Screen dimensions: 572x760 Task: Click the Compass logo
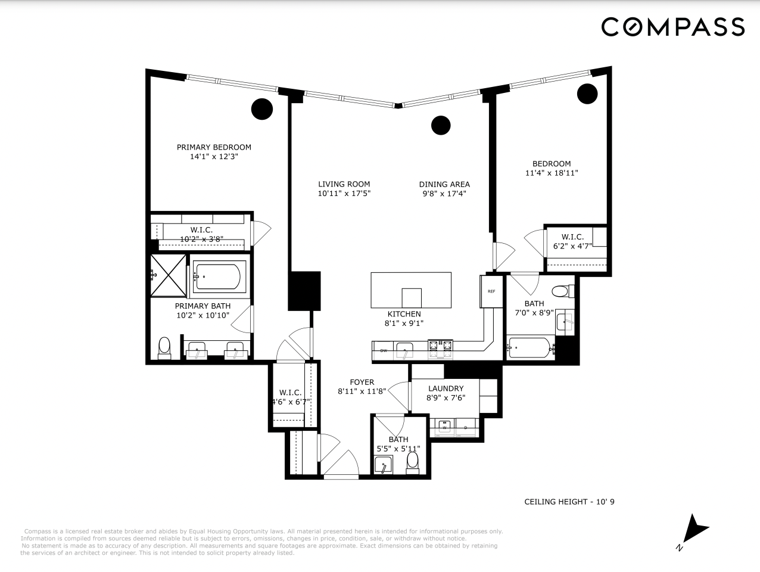(672, 27)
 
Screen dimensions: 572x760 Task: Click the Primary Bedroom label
(214, 147)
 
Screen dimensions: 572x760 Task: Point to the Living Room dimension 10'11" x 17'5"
(344, 194)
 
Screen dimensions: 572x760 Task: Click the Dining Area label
(444, 184)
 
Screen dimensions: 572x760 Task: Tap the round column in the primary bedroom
(261, 108)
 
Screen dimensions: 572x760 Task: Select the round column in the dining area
(441, 125)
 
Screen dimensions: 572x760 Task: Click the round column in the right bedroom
(587, 93)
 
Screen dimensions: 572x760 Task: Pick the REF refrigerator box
(491, 291)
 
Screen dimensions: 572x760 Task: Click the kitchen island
(411, 290)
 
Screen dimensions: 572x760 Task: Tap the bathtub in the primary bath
(217, 276)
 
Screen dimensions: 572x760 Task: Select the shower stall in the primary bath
(168, 275)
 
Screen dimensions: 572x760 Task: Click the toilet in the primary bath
(164, 347)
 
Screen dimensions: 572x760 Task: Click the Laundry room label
(446, 388)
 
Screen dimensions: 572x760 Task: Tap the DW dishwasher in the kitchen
(384, 350)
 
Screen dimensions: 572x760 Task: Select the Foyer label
(362, 382)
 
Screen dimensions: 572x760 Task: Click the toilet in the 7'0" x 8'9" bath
(560, 292)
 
